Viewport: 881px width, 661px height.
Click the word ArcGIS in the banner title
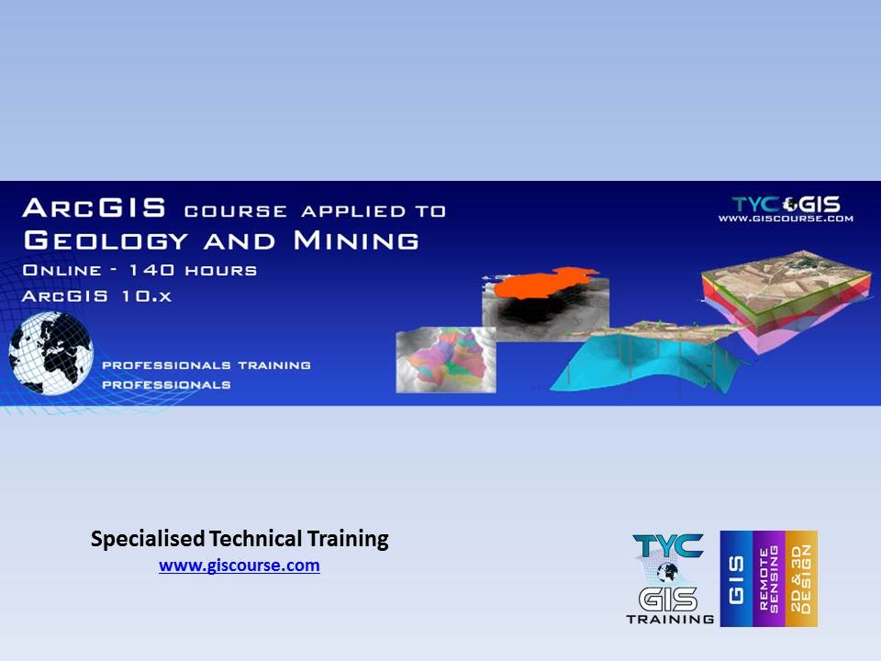coord(95,208)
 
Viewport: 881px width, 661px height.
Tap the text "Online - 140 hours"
coord(139,271)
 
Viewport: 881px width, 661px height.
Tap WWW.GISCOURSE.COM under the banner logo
coord(786,218)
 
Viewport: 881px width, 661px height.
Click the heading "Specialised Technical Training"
coord(240,539)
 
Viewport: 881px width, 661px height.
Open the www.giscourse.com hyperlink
coord(240,566)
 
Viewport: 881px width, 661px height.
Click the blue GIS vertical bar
coord(736,578)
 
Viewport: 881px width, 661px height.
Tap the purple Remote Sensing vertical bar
coord(769,578)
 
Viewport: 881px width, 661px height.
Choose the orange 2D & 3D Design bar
coord(801,578)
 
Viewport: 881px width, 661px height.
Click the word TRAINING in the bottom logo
coord(670,619)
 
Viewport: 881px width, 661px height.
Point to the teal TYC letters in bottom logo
coord(667,546)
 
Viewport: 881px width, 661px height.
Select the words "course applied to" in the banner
coord(315,210)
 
